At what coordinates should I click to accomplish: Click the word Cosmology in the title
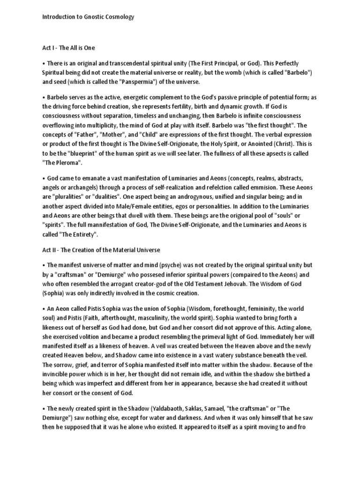[119, 17]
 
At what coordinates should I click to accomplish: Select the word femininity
[240, 309]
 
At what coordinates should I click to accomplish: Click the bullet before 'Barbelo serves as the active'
[44, 97]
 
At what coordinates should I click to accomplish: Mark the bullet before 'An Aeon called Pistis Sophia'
[44, 309]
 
